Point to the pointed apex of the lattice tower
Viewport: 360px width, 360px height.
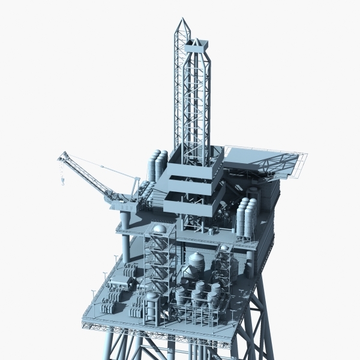tap(182, 20)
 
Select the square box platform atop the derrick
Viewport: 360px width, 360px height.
tap(197, 46)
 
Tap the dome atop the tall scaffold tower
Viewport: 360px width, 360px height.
tap(159, 229)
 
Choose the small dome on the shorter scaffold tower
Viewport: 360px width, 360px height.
tap(224, 247)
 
